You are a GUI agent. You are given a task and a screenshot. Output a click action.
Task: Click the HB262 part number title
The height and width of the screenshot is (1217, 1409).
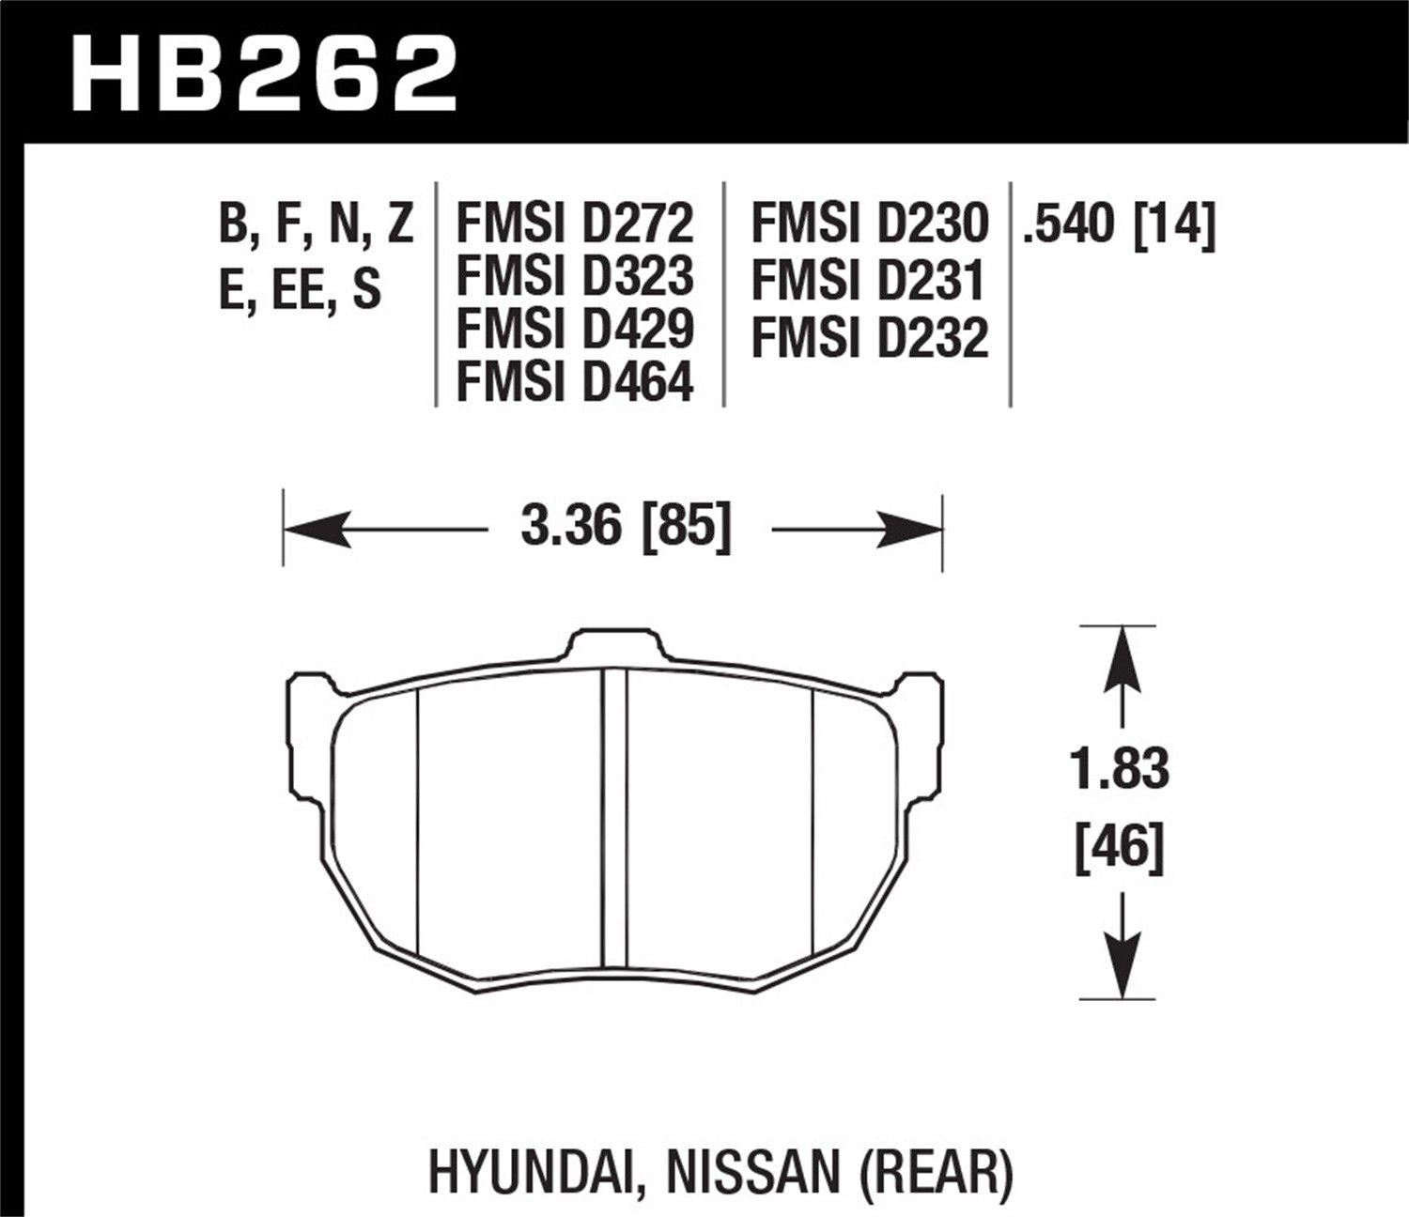tap(264, 74)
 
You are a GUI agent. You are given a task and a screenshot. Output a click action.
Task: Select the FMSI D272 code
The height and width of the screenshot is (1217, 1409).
tap(575, 223)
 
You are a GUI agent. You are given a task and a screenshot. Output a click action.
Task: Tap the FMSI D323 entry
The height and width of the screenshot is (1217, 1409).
tap(575, 276)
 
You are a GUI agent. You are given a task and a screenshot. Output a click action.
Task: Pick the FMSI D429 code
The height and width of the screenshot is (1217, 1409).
tap(575, 329)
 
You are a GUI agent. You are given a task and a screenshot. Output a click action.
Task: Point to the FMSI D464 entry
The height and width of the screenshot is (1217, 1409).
tap(575, 381)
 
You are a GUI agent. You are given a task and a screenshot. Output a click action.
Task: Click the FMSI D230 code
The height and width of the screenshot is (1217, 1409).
tap(869, 223)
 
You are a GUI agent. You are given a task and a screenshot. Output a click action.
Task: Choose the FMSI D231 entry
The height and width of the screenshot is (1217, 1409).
tap(869, 281)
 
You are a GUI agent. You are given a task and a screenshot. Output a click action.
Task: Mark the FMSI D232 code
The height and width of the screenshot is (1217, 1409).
tap(869, 338)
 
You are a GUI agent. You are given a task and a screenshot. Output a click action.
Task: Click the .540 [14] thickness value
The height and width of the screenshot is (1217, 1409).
tap(1119, 223)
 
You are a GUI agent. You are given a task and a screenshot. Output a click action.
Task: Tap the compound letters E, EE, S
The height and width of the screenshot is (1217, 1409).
tap(300, 289)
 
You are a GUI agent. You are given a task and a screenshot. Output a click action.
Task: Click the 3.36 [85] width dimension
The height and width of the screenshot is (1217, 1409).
tap(626, 527)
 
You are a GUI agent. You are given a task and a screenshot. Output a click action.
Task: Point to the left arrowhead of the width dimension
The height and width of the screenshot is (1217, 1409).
tap(310, 530)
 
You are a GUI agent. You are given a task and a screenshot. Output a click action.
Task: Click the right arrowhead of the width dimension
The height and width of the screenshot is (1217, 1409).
tap(916, 530)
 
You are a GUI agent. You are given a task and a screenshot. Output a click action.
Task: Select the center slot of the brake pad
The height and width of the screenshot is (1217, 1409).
tap(613, 817)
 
